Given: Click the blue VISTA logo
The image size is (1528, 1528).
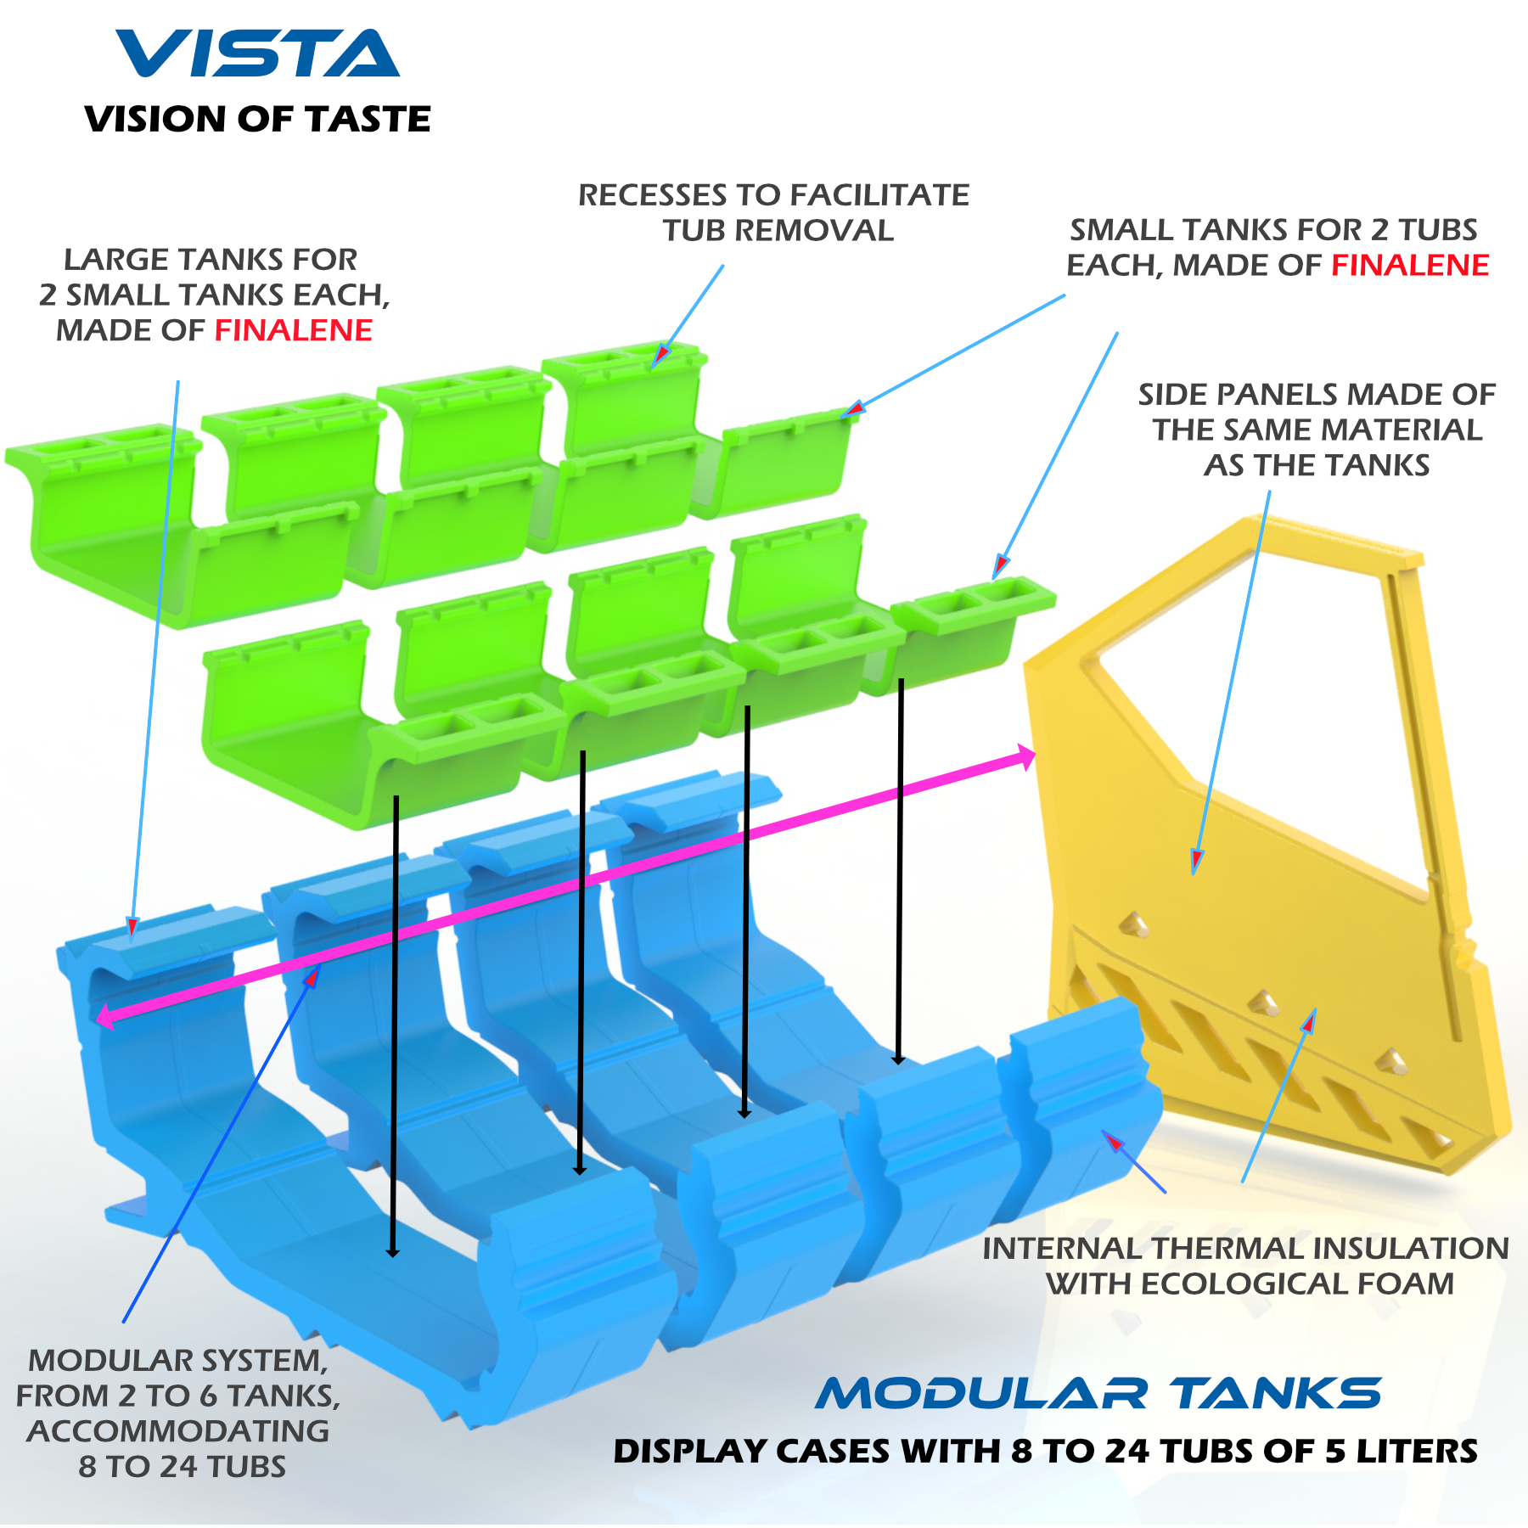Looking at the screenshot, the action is pyautogui.click(x=258, y=53).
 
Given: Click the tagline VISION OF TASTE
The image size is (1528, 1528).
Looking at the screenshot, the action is pyautogui.click(x=258, y=119).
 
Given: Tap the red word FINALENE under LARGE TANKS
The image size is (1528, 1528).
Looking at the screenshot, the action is pyautogui.click(x=294, y=330).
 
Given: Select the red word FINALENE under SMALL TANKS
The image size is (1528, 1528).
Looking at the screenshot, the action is pyautogui.click(x=1410, y=266).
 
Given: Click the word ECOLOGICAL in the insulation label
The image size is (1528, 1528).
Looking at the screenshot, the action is pyautogui.click(x=1244, y=1284).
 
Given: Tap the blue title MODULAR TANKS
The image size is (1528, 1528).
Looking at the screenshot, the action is pyautogui.click(x=1098, y=1394).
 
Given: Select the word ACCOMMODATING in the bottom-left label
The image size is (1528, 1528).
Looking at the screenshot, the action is pyautogui.click(x=178, y=1431).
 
